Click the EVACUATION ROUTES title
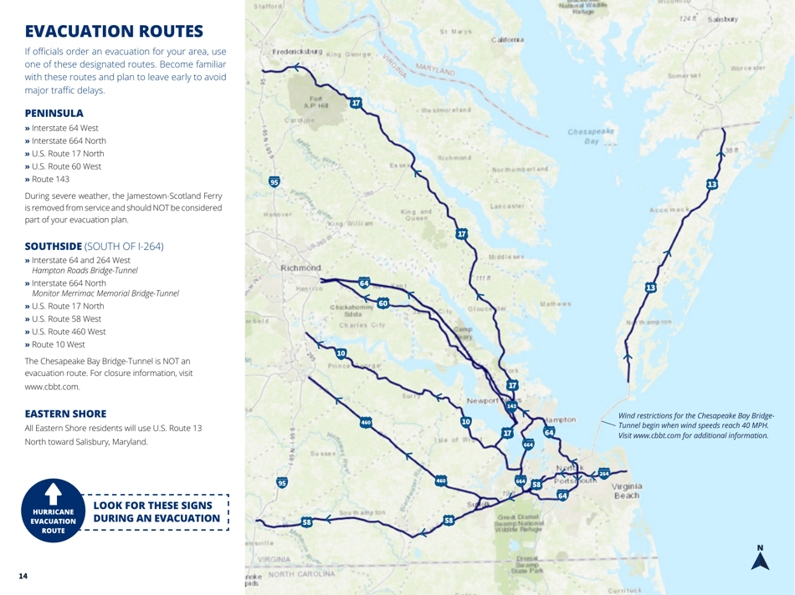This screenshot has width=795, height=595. tap(114, 32)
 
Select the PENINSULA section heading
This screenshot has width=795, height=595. tap(54, 112)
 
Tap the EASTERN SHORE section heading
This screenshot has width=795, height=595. tap(65, 413)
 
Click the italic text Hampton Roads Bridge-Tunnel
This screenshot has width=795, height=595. tap(85, 271)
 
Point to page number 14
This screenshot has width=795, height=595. tap(29, 576)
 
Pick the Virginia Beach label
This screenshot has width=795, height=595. tap(626, 491)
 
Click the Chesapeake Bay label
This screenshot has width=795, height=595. tap(591, 136)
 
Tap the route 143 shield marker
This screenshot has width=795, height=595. tap(511, 405)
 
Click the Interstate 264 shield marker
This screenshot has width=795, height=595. tap(604, 474)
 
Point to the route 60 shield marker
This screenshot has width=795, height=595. tap(382, 303)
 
